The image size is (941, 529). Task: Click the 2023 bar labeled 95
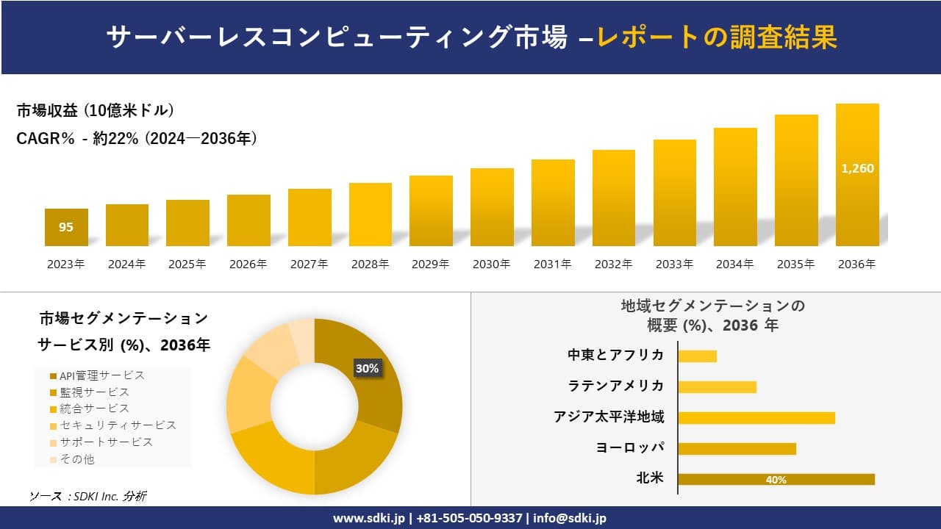point(66,227)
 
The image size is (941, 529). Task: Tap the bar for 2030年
point(492,207)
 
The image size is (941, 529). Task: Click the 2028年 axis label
point(370,264)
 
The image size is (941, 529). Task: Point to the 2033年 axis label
point(674,264)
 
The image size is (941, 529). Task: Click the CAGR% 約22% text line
point(137,138)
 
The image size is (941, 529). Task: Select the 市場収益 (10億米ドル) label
point(96,111)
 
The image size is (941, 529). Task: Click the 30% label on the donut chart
point(367,369)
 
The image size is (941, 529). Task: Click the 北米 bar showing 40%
point(776,479)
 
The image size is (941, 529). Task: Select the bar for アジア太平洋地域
point(756,418)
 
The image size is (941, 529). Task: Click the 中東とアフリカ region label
point(616,355)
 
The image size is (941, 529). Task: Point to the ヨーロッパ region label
point(630,447)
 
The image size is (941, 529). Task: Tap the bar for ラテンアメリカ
point(717,387)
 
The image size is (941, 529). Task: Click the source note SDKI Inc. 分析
point(88,496)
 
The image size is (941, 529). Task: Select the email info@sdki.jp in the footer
point(570,518)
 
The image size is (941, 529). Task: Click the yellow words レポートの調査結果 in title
point(717,37)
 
